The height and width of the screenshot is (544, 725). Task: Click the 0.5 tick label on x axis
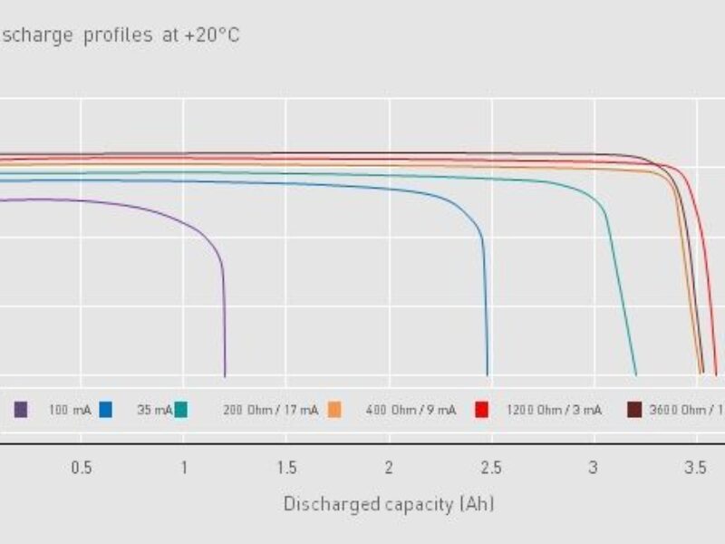pos(82,468)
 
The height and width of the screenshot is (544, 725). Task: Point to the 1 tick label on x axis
pos(184,468)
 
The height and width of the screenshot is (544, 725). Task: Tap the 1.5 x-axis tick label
pos(286,468)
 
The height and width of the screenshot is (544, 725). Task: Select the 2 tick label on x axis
pos(389,468)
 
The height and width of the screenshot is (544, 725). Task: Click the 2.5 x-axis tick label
pos(491,468)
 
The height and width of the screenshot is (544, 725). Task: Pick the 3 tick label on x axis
pos(594,468)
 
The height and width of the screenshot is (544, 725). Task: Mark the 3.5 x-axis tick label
pos(696,468)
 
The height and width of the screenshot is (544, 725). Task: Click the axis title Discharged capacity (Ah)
pos(389,504)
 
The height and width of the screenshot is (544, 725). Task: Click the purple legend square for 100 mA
pos(21,410)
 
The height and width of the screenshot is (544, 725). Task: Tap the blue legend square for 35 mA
pos(106,410)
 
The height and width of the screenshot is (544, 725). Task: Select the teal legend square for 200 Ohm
pos(181,410)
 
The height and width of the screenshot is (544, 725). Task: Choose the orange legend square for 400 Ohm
pos(334,410)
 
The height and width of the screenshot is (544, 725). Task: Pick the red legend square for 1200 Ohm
pos(482,410)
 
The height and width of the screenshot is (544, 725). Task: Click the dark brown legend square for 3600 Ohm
pos(634,410)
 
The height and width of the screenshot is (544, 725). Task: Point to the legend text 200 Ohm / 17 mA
pos(270,411)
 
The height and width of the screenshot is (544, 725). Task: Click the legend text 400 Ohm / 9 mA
pos(411,411)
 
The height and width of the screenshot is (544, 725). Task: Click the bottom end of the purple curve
pos(225,374)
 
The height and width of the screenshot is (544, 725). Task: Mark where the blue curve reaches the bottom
pos(488,374)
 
